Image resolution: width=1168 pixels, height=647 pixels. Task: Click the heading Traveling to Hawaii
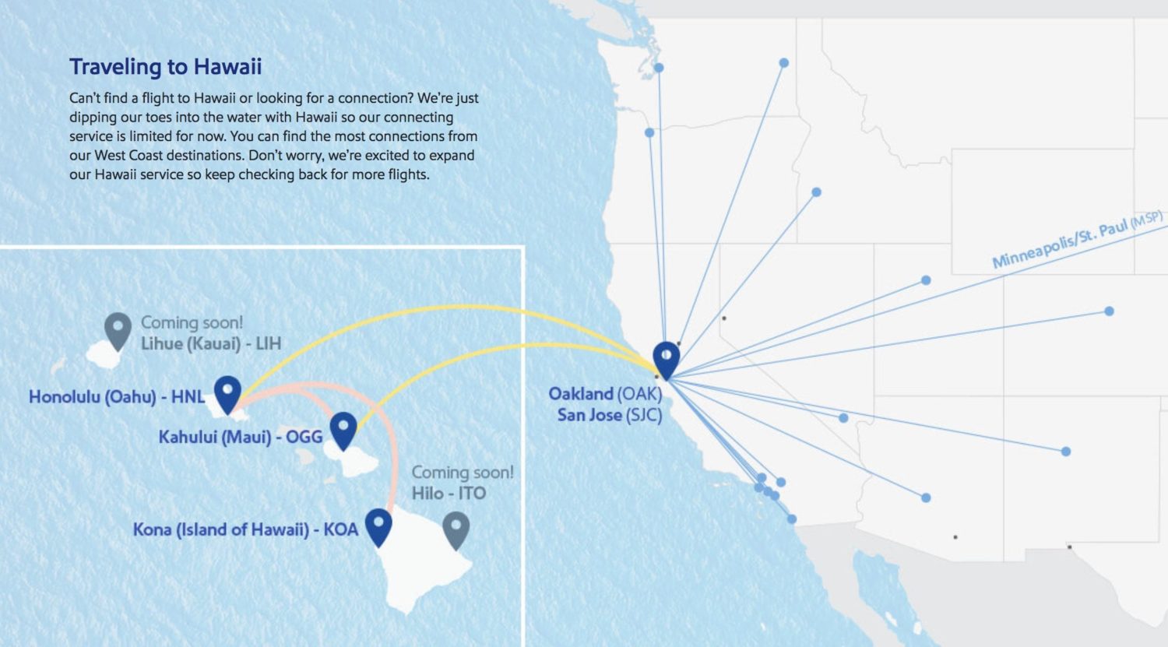tap(165, 67)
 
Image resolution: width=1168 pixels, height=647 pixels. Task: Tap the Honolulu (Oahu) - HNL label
tap(117, 397)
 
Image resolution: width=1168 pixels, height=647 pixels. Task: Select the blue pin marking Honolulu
tap(227, 392)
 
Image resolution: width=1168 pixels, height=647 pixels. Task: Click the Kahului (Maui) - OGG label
tap(241, 437)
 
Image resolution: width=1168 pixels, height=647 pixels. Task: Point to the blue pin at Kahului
tap(343, 429)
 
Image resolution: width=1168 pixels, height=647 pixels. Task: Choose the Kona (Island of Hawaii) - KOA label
tap(245, 530)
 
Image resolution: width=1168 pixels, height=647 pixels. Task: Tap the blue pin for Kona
tap(378, 526)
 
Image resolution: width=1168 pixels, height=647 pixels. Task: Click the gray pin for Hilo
tap(456, 529)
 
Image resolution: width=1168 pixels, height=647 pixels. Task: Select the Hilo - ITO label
tap(449, 494)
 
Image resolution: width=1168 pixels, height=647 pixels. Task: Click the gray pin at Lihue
tap(118, 329)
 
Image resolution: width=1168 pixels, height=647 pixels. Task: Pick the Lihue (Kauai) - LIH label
tap(210, 343)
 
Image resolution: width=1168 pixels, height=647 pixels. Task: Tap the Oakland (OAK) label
tap(605, 394)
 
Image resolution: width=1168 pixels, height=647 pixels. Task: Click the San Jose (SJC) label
tap(609, 415)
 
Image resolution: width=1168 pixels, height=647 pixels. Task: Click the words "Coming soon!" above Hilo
tap(463, 473)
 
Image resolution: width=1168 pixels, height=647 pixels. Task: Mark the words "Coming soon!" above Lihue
tap(192, 322)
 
